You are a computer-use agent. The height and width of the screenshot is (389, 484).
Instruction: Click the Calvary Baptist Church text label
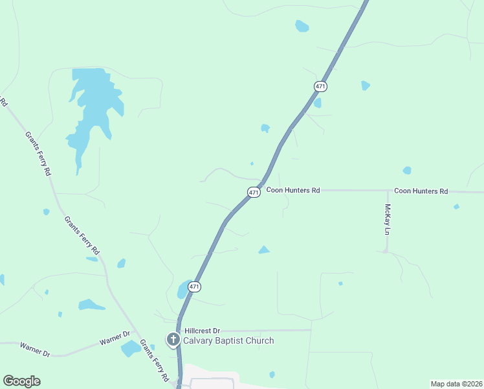[x=228, y=340]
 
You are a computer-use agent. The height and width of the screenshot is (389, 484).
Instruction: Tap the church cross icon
[x=173, y=339]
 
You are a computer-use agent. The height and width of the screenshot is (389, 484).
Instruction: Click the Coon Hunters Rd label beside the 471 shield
[x=293, y=191]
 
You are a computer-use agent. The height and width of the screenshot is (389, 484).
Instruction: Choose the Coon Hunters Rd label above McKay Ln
[x=421, y=191]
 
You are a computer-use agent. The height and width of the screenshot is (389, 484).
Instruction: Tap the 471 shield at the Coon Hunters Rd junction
[x=254, y=193]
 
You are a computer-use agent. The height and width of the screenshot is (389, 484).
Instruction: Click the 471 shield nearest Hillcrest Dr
[x=195, y=286]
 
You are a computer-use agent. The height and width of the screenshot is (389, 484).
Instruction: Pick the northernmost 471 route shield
[x=320, y=86]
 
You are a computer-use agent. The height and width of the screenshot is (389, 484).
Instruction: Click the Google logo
[x=21, y=381]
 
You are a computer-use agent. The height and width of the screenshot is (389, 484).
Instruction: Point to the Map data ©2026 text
[x=456, y=384]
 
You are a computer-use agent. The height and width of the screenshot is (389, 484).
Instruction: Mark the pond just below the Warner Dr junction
[x=131, y=348]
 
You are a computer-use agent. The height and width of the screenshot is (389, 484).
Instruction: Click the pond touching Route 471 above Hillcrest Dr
[x=183, y=289]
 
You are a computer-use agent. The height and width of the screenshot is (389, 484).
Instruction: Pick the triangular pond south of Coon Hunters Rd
[x=263, y=250]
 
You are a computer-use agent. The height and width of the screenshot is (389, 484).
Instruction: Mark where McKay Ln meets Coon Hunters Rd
[x=387, y=191]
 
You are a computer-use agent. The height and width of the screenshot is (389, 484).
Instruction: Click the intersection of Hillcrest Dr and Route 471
[x=179, y=331]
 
